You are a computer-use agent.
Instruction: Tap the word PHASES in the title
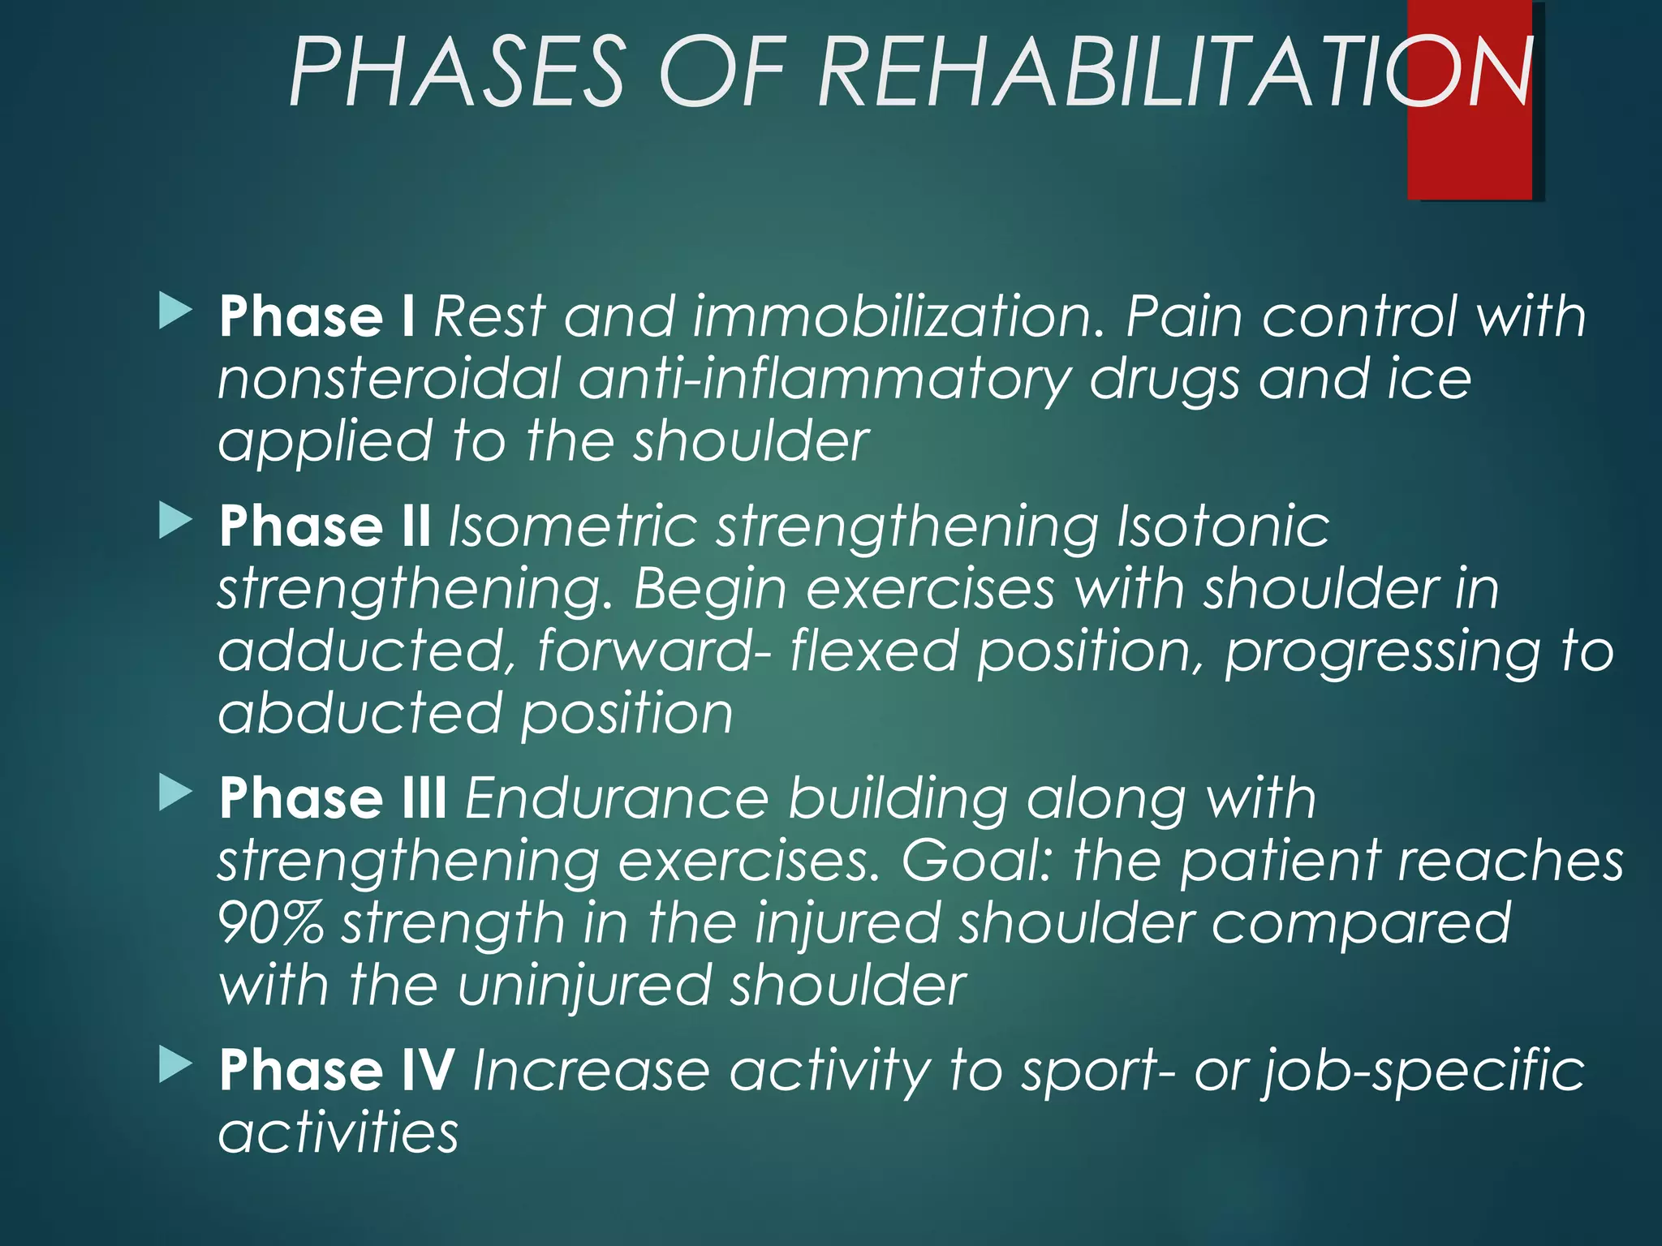pos(457,73)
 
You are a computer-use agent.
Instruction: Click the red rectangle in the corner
pos(1469,154)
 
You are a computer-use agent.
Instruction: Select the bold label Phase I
pos(317,317)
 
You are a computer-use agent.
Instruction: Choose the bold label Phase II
pos(325,527)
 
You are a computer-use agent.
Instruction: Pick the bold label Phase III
pos(333,799)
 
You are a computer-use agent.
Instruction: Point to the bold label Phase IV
pos(336,1071)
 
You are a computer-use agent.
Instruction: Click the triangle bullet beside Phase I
pos(175,311)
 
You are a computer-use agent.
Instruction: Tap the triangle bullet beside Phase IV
pos(175,1064)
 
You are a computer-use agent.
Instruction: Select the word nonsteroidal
pos(390,380)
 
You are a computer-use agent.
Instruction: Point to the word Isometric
pos(573,527)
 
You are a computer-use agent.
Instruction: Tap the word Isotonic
pos(1223,527)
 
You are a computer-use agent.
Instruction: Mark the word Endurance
pos(617,799)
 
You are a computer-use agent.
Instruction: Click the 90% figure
pos(271,923)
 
